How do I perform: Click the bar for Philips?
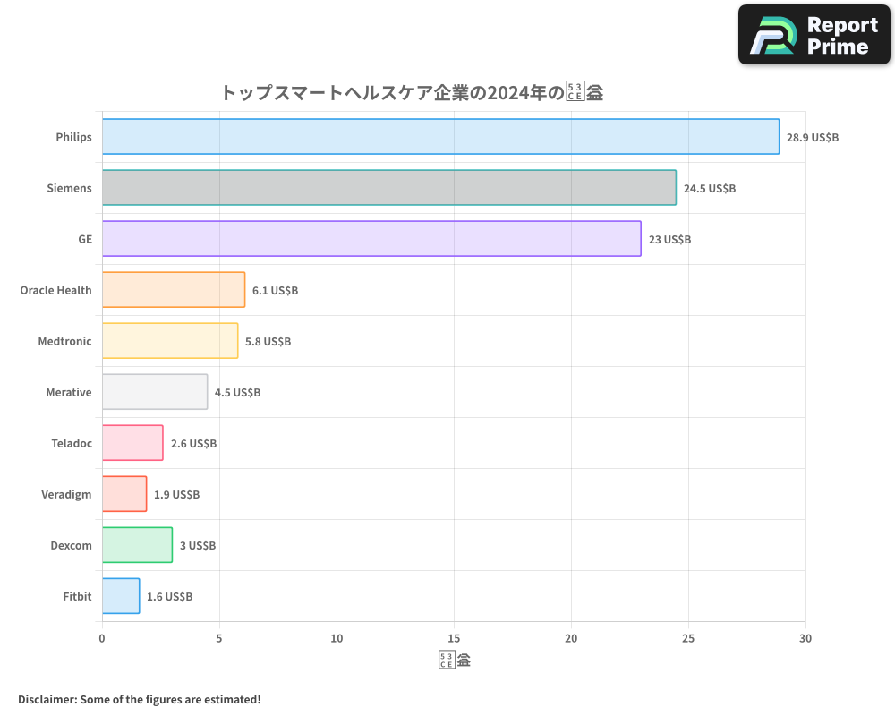click(x=440, y=137)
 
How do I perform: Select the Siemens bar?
click(x=389, y=188)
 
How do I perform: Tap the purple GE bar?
click(x=371, y=239)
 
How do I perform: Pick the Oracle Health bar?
click(x=174, y=290)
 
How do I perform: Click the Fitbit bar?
click(x=121, y=596)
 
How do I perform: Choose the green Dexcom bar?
click(x=137, y=545)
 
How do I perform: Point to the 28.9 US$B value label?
click(x=813, y=138)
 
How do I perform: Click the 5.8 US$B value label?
click(x=268, y=342)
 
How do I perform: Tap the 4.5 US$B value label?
click(x=237, y=393)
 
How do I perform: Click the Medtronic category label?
click(x=64, y=342)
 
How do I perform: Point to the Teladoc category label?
click(x=72, y=444)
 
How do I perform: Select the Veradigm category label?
click(x=66, y=495)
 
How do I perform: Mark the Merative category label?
click(x=69, y=393)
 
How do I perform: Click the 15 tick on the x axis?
click(x=454, y=638)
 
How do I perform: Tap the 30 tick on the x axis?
click(x=805, y=638)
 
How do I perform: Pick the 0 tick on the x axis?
click(x=102, y=638)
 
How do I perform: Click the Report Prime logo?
click(x=814, y=35)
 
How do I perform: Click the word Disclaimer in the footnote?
click(x=47, y=699)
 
